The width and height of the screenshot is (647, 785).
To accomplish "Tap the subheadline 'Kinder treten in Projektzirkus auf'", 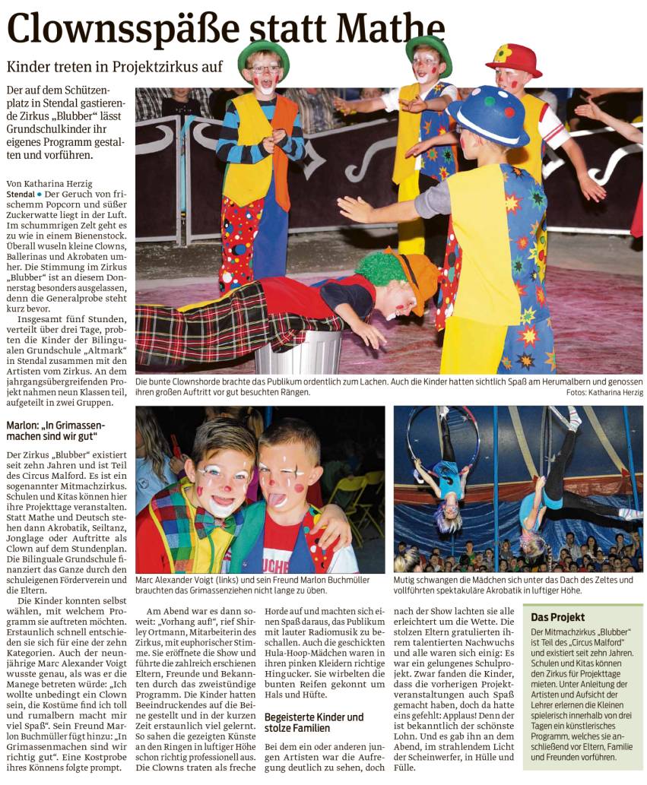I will pos(115,67).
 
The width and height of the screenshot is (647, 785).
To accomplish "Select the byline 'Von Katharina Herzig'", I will pos(49,183).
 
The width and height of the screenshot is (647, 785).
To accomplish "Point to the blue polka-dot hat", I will pos(488,115).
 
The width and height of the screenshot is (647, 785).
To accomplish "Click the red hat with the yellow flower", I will pos(514,59).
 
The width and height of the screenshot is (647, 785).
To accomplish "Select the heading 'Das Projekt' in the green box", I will pos(558,617).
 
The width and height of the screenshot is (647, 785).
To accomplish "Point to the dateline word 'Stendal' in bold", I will pos(20,195).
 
